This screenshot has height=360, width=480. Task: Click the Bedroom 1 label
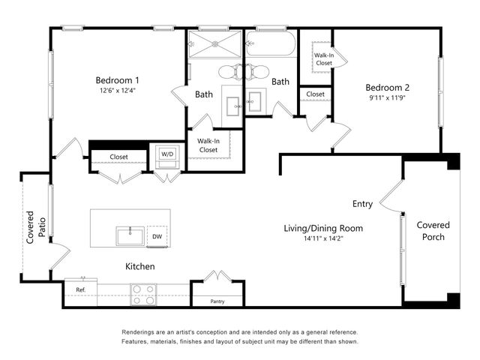pos(117,80)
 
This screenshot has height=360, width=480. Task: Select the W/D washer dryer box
pos(165,154)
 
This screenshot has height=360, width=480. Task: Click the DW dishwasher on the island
pos(157,236)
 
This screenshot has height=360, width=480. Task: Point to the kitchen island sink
pos(129,236)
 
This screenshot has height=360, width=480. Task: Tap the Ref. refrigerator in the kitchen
pos(79,290)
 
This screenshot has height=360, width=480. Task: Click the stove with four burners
pos(142,295)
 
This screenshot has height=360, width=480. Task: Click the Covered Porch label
pos(433,231)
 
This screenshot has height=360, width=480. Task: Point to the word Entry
pos(363,204)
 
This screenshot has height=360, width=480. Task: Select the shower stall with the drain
pos(214,43)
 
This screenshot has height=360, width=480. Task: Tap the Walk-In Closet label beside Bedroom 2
pos(323,59)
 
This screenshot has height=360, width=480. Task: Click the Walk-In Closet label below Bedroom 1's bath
pos(208,145)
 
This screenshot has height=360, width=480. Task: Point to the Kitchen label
pos(139,266)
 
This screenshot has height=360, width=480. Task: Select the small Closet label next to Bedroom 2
pos(315,94)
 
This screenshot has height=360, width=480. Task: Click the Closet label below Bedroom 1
pos(118,157)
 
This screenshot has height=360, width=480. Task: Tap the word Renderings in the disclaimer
pos(141,331)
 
